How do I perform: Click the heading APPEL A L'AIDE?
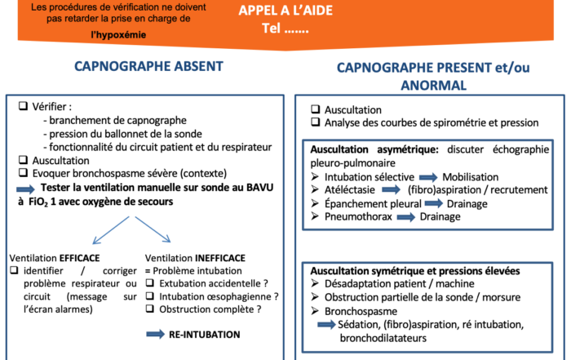(x=285, y=10)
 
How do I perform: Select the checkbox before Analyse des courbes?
(x=315, y=123)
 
